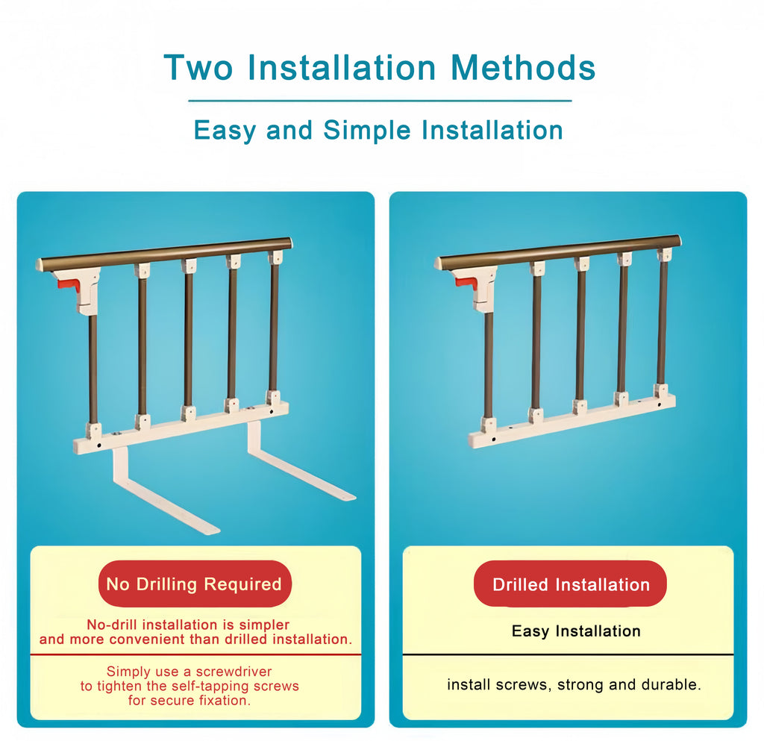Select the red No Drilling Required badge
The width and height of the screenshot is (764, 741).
click(194, 584)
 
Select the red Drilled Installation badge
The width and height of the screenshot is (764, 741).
click(571, 584)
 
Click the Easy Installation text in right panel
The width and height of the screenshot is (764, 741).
click(576, 631)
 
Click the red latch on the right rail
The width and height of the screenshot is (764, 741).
click(466, 282)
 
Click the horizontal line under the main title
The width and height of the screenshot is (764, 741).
click(380, 101)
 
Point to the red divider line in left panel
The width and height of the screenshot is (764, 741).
click(195, 655)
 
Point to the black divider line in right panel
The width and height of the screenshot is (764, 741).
click(568, 655)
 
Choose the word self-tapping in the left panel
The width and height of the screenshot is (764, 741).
click(211, 686)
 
